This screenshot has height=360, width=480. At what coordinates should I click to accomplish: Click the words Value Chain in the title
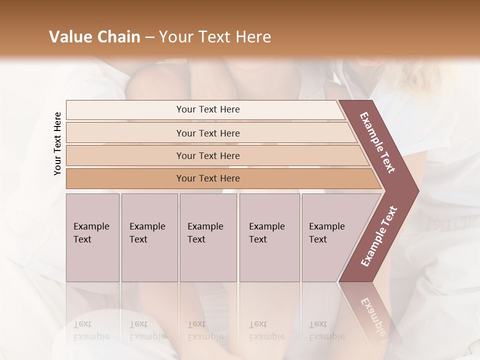coord(94,37)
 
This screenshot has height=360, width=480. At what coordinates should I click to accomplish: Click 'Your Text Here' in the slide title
coord(215,37)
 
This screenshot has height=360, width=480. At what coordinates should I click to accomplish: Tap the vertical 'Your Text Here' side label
coord(57,143)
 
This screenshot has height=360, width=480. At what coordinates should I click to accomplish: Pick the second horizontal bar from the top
coord(207,133)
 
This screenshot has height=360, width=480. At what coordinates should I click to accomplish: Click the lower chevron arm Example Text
coord(378,236)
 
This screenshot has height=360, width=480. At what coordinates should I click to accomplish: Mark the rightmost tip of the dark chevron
coord(417,190)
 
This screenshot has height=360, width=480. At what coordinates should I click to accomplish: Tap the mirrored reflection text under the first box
coord(91,330)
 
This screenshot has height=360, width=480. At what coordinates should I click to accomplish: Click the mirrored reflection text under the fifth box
coord(327,330)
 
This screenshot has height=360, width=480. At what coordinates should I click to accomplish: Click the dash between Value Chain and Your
coord(149,37)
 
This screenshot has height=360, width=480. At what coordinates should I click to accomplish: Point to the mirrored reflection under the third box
coord(205,330)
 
